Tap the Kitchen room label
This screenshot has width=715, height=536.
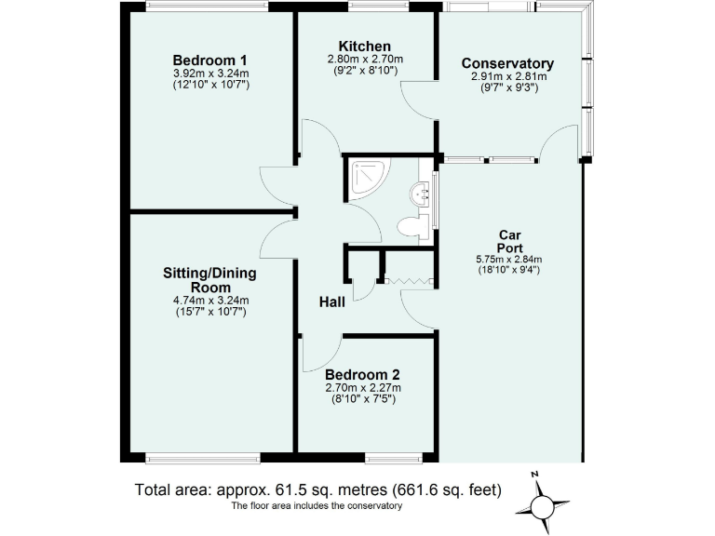(x=364, y=46)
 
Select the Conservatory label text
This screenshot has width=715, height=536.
(x=507, y=63)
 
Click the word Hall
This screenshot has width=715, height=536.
(x=332, y=301)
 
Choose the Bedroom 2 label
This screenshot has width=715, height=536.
(x=362, y=374)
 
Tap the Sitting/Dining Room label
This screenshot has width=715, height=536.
(x=209, y=280)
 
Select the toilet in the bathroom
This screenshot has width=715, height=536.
(x=411, y=226)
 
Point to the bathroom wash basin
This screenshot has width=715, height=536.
(x=420, y=193)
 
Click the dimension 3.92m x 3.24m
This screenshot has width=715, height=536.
(x=210, y=73)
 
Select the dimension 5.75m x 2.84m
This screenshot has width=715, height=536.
(x=507, y=260)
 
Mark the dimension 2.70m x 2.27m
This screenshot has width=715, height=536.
(x=362, y=388)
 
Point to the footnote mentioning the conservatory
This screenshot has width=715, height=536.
(x=317, y=506)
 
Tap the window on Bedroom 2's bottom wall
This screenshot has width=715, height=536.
(x=389, y=457)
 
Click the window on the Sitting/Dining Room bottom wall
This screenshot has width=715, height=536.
(x=202, y=457)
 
